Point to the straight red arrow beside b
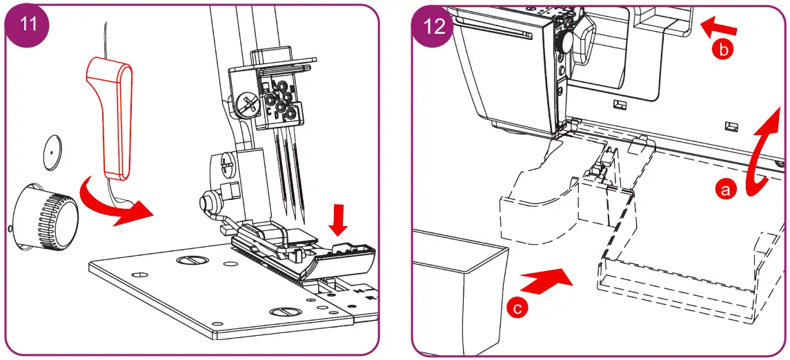click(x=720, y=28)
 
